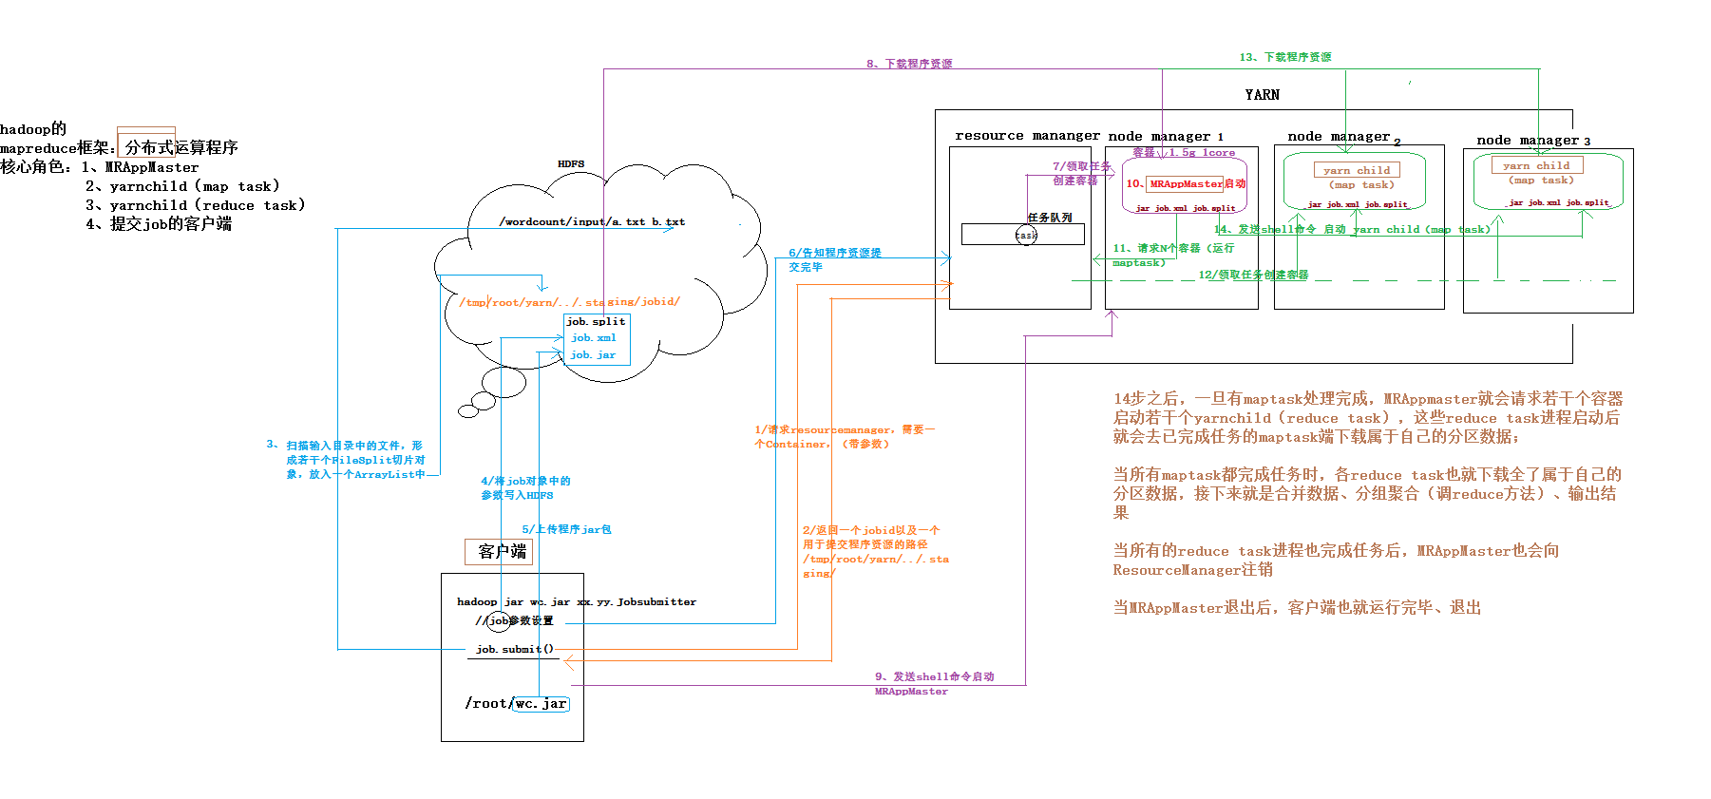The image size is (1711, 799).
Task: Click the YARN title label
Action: click(1262, 95)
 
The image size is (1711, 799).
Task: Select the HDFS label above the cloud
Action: click(571, 164)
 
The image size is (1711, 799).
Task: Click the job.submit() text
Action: click(515, 650)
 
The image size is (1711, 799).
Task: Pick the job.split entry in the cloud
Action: click(596, 322)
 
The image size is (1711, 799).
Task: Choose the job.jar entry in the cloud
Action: click(593, 355)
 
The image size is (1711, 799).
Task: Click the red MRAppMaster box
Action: click(1186, 184)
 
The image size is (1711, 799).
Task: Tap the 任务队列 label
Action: click(1050, 219)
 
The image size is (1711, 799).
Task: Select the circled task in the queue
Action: click(1026, 235)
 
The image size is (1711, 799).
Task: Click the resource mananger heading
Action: click(1027, 136)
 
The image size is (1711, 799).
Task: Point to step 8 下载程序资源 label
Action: click(909, 65)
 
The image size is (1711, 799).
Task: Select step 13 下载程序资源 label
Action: click(1285, 58)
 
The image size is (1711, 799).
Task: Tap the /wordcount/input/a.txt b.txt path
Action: click(592, 222)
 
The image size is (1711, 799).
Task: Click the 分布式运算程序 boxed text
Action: click(181, 148)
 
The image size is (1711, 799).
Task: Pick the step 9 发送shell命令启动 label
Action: click(934, 677)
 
